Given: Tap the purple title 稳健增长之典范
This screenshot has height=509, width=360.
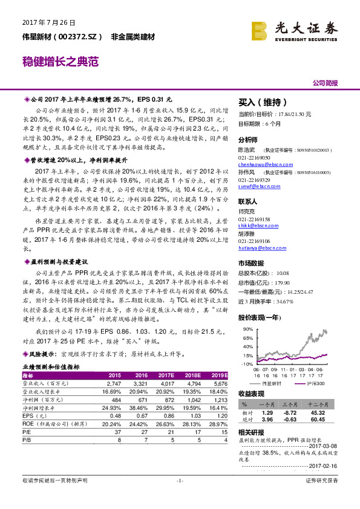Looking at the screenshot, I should coord(60,62).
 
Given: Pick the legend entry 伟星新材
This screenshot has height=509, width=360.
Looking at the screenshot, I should coord(268,384).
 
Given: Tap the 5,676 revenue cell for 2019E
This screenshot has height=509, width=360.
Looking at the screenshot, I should coord(220,384).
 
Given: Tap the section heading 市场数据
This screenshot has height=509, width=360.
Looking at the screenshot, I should coord(251,263).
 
